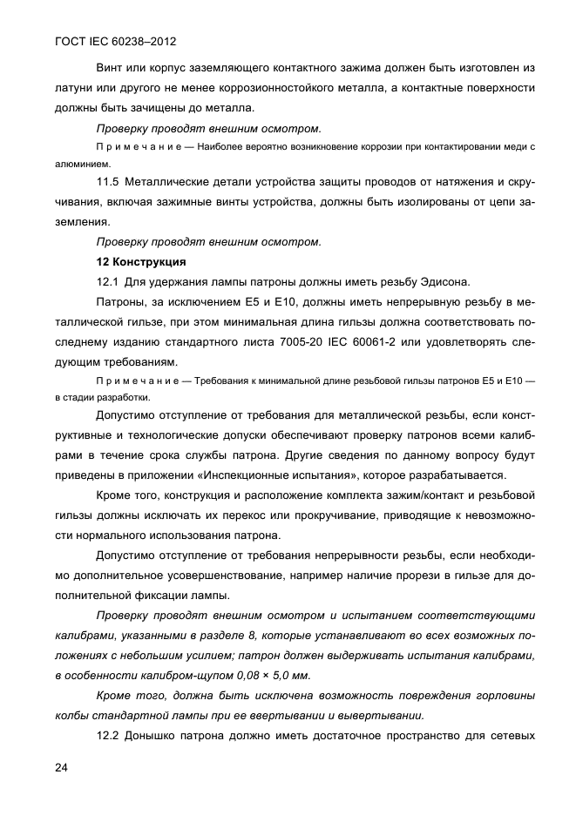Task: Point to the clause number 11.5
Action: [x=107, y=181]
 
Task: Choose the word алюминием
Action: [x=77, y=163]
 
